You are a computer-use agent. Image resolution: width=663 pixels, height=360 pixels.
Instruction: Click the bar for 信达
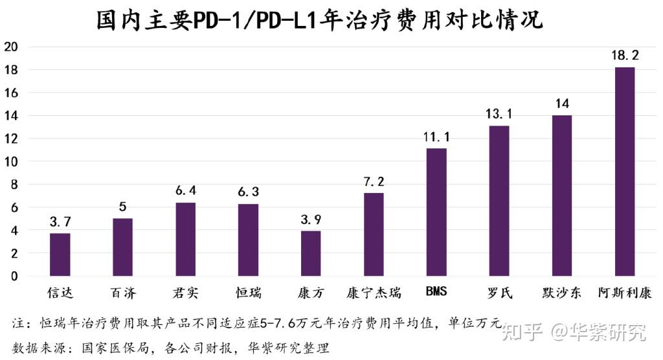pos(60,254)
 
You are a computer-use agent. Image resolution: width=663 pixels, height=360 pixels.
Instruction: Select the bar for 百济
pos(123,247)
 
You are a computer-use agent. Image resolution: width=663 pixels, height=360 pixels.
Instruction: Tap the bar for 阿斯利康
pos(625,172)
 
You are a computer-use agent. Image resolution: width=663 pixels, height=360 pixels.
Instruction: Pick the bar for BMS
pos(436,212)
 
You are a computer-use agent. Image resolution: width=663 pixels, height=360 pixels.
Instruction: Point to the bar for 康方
pos(311,253)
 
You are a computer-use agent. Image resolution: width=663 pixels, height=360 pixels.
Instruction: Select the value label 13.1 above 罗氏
pos(499,115)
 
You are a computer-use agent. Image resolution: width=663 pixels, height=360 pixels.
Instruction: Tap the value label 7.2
pos(374,182)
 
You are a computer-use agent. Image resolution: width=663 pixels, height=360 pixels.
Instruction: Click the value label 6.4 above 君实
pos(185,192)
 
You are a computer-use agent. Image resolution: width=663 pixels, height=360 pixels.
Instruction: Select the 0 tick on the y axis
pos(14,276)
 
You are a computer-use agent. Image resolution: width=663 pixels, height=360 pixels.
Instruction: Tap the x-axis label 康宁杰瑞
pos(374,293)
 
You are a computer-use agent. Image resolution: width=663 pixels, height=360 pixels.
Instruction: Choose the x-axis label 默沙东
pos(561,293)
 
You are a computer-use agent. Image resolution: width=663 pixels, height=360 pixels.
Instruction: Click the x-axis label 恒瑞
pos(248,293)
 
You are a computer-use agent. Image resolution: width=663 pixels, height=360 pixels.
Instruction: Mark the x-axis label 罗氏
pos(499,293)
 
